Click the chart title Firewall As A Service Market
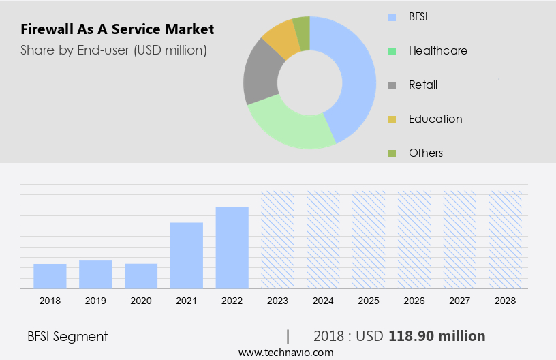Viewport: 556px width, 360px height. point(117,29)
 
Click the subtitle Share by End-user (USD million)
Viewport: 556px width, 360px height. point(113,50)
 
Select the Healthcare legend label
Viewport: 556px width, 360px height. point(437,50)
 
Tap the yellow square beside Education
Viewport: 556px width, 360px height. point(392,119)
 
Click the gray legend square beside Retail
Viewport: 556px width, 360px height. point(392,85)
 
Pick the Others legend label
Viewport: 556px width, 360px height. point(426,153)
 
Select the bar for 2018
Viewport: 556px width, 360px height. point(50,275)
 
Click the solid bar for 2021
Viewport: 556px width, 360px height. point(187,255)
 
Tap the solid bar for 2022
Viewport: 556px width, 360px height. point(232,247)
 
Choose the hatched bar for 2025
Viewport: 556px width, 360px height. point(369,239)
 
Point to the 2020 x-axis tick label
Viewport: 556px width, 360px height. point(141,300)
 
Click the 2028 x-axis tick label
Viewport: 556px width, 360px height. point(506,300)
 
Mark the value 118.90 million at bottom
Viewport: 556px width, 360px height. point(437,336)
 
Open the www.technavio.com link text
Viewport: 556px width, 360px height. point(286,352)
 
